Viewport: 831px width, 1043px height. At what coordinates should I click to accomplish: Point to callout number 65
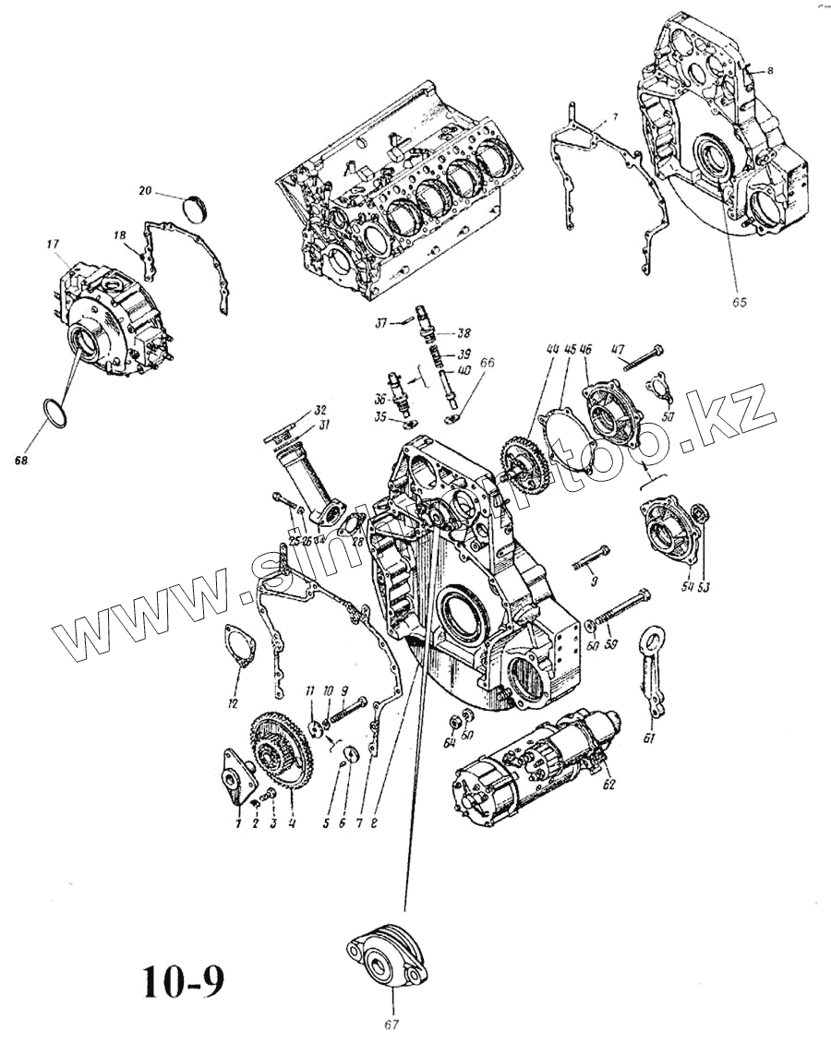pyautogui.click(x=739, y=301)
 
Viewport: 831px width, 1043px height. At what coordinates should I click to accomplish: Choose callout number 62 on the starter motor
pyautogui.click(x=608, y=785)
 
